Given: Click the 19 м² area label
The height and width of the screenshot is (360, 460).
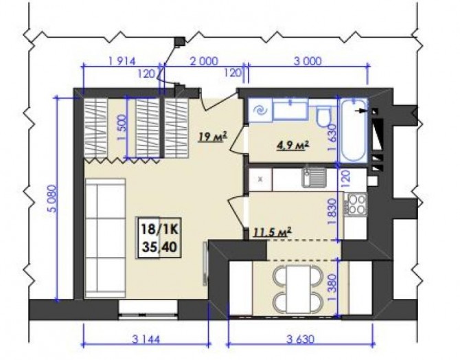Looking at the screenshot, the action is pos(213,137).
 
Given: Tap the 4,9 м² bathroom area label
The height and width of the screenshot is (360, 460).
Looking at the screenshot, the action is pos(293,145).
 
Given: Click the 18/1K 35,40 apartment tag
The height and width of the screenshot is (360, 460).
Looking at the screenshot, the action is pos(159,238).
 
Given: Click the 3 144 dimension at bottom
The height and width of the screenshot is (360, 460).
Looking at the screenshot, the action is pos(146,340).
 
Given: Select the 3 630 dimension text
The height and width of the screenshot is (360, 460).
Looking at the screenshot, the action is pos(300,339).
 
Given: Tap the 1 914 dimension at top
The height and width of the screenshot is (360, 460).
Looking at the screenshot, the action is pos(122,61).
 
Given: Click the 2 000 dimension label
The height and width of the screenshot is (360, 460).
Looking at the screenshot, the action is pos(204,61).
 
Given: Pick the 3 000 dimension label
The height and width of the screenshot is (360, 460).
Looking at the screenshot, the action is pos(308,61).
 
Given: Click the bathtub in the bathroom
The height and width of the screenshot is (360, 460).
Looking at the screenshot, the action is pos(353,131).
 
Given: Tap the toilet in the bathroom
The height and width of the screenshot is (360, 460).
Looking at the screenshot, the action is pos(323,115).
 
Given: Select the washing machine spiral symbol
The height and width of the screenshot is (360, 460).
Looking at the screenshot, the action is pos(260,111).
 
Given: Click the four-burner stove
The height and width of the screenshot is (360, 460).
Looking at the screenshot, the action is pos(356,204).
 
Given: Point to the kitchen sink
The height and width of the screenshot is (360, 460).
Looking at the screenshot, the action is pos(314,177).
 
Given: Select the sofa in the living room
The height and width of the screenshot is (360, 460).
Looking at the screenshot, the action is pos(106,238).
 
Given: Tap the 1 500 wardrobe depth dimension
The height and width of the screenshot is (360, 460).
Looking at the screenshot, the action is pos(122,127).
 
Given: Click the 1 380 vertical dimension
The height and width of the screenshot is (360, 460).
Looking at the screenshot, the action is pos(334,288).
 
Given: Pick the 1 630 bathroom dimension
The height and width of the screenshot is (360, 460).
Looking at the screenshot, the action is pos(332,137).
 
